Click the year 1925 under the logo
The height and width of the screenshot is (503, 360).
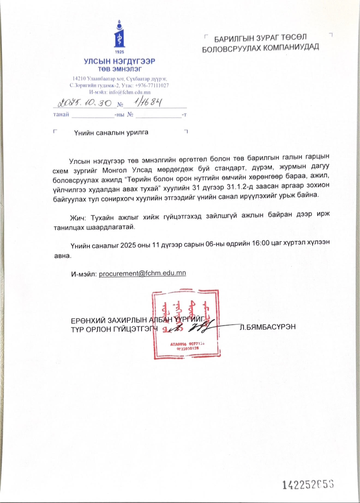pyautogui.click(x=119, y=52)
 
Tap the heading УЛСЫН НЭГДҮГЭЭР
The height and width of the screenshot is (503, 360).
pyautogui.click(x=119, y=61)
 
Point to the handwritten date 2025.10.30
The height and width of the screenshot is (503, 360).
pyautogui.click(x=85, y=103)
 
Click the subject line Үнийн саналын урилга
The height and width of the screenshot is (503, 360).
pyautogui.click(x=111, y=133)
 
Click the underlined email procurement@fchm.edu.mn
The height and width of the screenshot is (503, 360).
pyautogui.click(x=142, y=273)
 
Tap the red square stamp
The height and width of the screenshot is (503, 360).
pyautogui.click(x=186, y=324)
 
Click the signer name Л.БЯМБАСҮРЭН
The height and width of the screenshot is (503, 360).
pyautogui.click(x=268, y=327)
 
